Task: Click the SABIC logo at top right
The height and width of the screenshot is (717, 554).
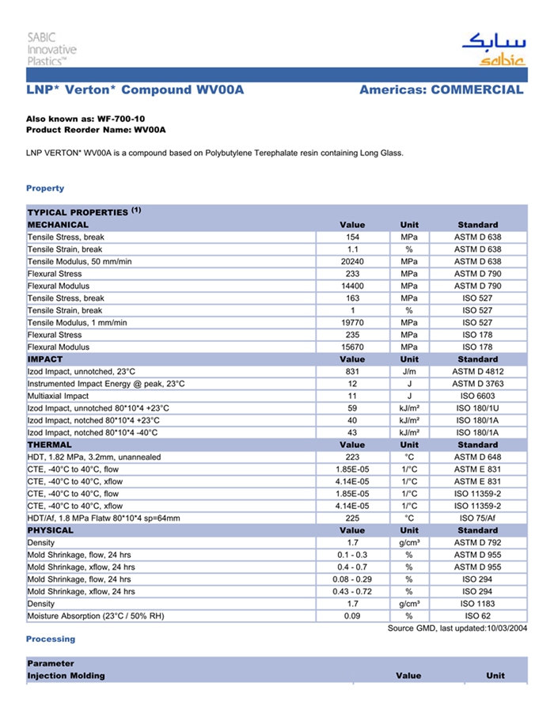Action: pos(492,49)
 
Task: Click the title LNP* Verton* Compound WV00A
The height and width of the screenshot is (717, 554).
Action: pos(135,89)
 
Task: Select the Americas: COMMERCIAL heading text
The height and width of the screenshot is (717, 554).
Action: pos(441,89)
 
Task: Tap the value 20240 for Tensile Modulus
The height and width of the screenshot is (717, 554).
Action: pos(352,261)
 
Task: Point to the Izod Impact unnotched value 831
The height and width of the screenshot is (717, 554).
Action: pos(352,371)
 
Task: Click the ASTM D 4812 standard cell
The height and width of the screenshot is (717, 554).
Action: pos(477,371)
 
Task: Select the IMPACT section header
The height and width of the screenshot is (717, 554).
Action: pos(45,359)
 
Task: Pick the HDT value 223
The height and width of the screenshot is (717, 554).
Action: pos(352,457)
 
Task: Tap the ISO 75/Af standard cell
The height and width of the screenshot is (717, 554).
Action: pos(477,518)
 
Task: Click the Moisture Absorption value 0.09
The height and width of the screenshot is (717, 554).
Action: pos(352,616)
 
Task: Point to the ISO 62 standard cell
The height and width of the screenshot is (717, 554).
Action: pos(477,616)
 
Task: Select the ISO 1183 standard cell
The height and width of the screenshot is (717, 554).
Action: pos(477,604)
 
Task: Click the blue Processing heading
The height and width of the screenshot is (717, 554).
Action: pos(51,639)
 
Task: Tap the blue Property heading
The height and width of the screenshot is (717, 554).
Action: pos(45,188)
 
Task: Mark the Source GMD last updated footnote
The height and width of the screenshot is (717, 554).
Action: pos(457,628)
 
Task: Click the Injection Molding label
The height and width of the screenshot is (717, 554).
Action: pos(66,676)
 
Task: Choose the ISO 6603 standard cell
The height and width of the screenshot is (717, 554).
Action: pos(477,396)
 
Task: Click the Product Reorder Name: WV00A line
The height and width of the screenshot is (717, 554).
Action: pos(96,129)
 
